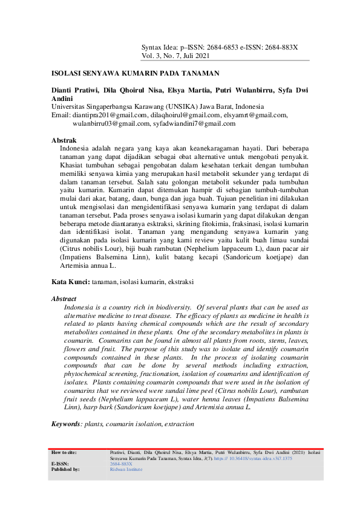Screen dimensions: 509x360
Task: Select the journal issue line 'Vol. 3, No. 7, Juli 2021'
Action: (x=175, y=55)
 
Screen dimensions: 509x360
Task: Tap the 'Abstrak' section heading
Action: (x=64, y=140)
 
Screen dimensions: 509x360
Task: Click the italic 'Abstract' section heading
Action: (x=64, y=299)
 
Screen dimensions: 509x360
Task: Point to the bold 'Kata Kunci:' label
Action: (x=70, y=282)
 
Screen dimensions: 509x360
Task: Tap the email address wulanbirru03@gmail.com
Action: (x=111, y=123)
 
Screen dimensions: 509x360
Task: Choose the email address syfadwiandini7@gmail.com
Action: (x=194, y=123)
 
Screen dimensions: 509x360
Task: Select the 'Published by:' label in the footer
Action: (x=65, y=469)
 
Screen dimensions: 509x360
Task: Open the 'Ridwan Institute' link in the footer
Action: (x=126, y=469)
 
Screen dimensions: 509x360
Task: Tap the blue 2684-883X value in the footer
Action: (x=121, y=464)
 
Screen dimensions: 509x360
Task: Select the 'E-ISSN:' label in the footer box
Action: (x=59, y=464)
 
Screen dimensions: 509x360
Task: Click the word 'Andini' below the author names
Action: (x=62, y=99)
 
